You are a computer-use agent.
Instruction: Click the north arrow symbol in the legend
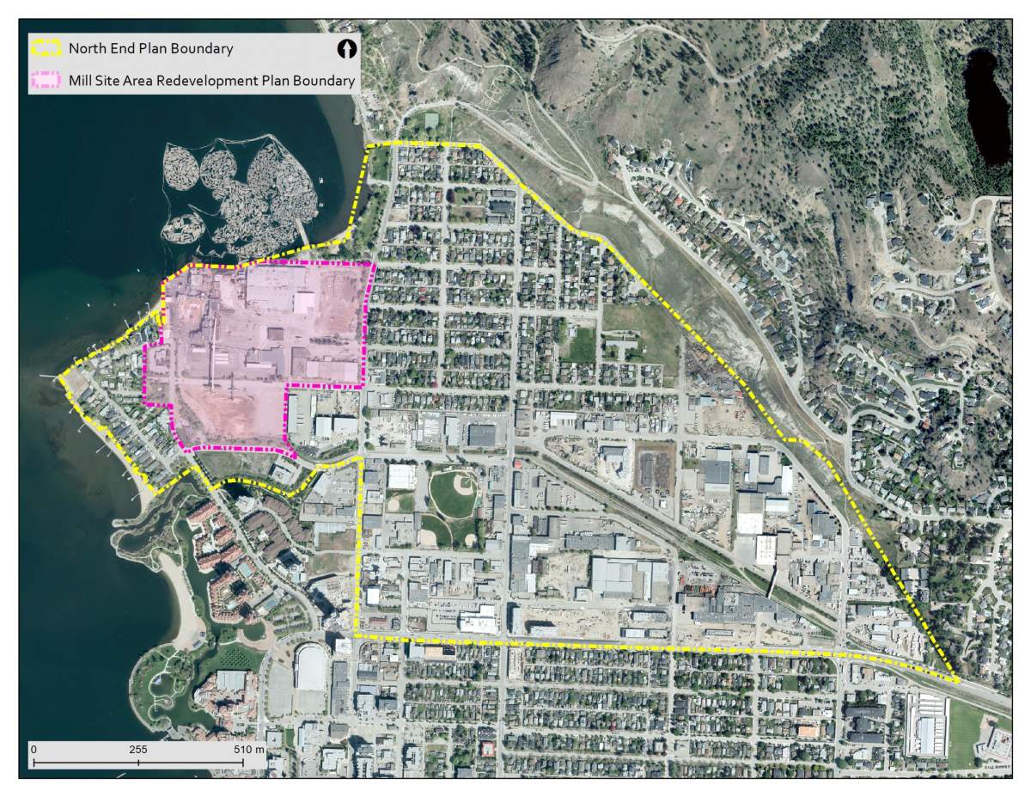[x=346, y=50]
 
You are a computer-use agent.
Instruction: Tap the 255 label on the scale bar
[x=138, y=750]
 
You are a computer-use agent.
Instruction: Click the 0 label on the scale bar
[x=34, y=750]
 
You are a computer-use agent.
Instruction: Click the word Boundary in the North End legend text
[x=202, y=49]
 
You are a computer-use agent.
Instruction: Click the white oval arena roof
[x=310, y=667]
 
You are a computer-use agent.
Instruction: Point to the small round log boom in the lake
[x=183, y=228]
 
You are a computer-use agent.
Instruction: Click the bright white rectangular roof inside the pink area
[x=304, y=303]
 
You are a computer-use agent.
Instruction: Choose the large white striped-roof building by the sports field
[x=926, y=724]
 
